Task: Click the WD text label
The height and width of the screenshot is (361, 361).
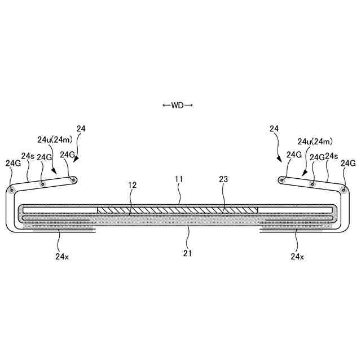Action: coord(178,105)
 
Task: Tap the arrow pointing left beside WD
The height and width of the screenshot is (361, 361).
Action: coord(166,105)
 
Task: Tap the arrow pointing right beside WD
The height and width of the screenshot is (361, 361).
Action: coord(189,105)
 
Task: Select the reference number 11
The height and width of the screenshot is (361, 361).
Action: coord(179,179)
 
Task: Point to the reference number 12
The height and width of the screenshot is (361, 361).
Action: coord(133,185)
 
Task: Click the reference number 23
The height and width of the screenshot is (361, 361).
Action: coord(223,179)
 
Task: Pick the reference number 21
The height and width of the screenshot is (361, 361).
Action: coord(188,253)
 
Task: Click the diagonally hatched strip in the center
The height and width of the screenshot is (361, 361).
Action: coord(177,210)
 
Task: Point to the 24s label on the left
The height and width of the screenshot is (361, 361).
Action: coord(28,156)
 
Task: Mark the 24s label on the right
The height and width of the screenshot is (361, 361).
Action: coord(331,156)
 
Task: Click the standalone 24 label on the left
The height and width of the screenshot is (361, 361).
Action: coord(81,129)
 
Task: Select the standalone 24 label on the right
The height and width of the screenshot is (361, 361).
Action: coord(274,129)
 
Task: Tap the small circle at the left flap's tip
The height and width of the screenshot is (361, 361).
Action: coord(74,180)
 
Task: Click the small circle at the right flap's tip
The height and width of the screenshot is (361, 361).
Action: coord(282,180)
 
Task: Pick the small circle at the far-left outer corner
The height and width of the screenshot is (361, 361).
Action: coord(12,189)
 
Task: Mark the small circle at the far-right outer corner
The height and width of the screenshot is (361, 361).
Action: coord(344,189)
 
